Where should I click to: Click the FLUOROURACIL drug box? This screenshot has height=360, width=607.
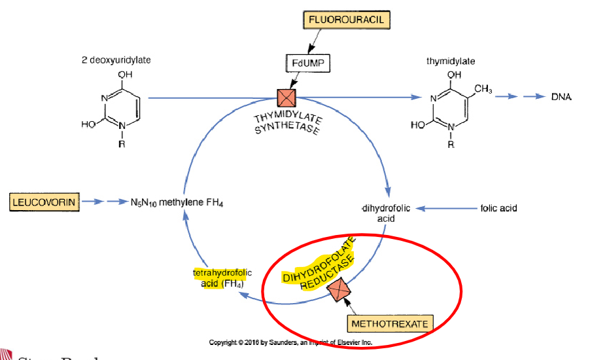click(x=346, y=20)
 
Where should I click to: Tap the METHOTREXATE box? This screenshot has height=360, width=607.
click(x=390, y=324)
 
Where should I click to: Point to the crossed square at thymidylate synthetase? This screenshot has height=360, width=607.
click(x=286, y=98)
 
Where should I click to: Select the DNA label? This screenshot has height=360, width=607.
click(x=561, y=97)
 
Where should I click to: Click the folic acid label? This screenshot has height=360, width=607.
click(x=498, y=208)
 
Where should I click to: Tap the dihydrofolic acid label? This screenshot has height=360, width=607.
click(x=386, y=213)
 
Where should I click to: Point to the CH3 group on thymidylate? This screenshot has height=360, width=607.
click(x=482, y=89)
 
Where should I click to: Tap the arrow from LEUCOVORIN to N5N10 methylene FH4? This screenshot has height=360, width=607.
click(x=103, y=202)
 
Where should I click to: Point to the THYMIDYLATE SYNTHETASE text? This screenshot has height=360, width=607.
click(x=288, y=122)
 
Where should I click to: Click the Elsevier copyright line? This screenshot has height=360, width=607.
click(x=290, y=342)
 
